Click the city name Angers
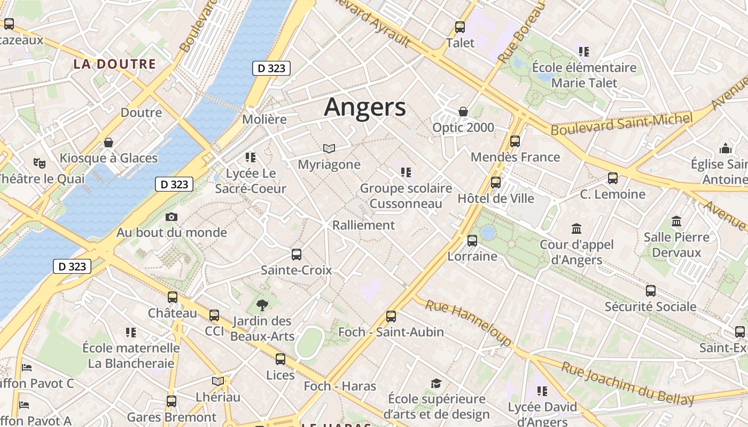pos(365,107)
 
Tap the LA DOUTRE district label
pos(114,65)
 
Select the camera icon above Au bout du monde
pos(172,217)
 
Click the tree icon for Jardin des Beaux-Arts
pos(262,305)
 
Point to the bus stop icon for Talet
pos(460,27)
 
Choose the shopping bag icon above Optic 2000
pos(463,112)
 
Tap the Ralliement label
pos(364,225)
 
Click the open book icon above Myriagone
pos(329,148)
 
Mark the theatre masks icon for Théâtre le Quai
pos(39,163)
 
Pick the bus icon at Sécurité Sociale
pos(650,291)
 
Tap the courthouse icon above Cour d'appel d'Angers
pos(576,229)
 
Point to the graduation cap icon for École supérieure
pos(437,383)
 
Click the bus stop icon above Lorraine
pos(472,241)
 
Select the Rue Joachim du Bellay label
pos(627,383)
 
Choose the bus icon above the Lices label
pos(280,359)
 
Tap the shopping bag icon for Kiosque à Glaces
pos(108,143)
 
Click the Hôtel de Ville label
pos(496,199)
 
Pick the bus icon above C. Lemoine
pos(613,178)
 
